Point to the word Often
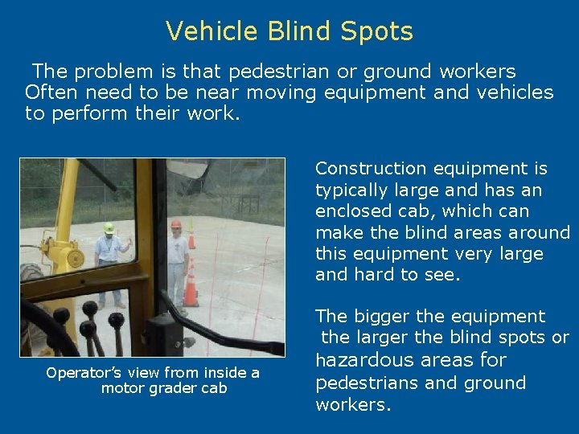pos(50,92)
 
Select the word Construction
pos(369,169)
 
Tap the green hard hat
pos(109,228)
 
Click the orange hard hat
pos(176,224)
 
